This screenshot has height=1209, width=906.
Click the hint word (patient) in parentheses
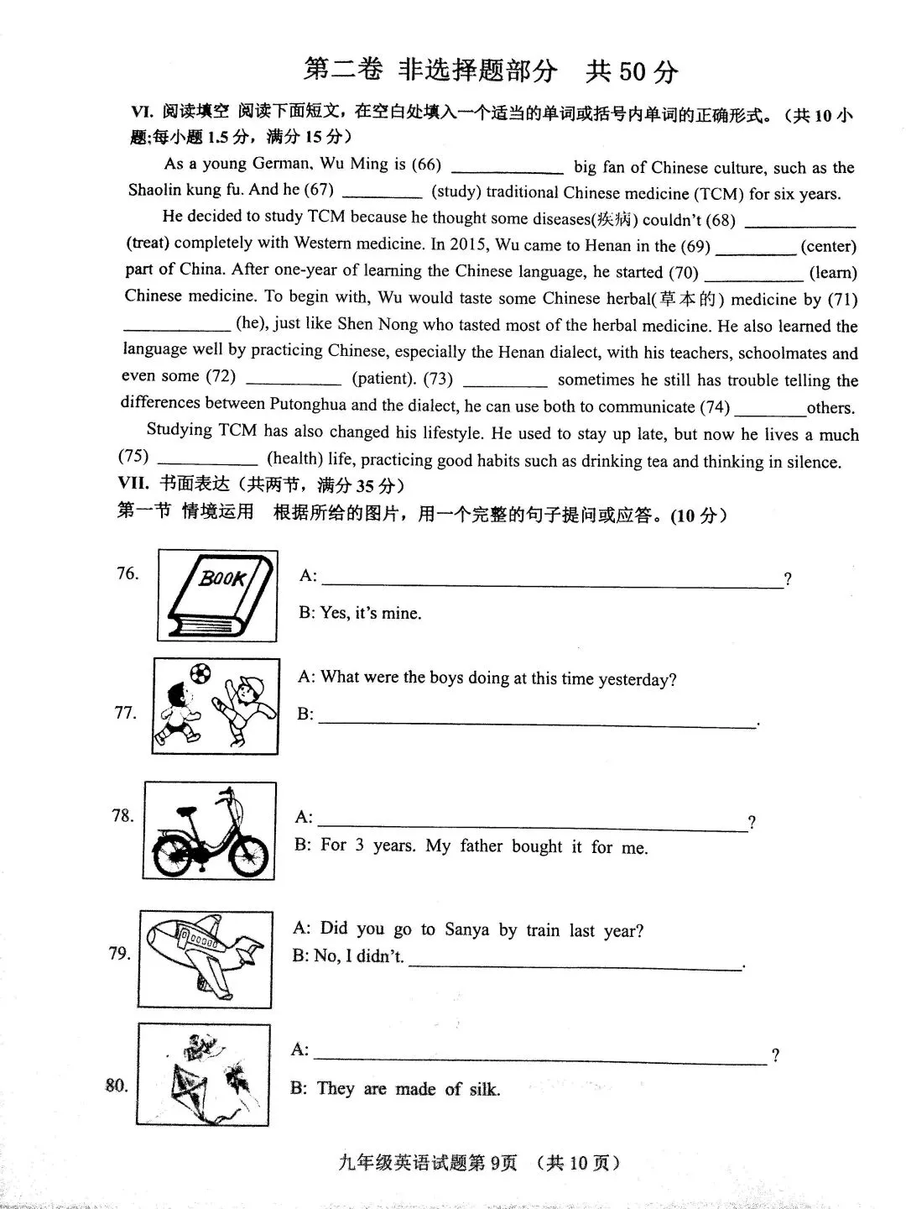click(x=384, y=378)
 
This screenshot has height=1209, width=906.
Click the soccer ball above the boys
click(x=200, y=673)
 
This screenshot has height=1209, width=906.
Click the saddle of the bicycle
click(x=186, y=811)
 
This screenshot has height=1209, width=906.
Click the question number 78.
click(x=122, y=815)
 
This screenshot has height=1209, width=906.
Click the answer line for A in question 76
click(x=553, y=587)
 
